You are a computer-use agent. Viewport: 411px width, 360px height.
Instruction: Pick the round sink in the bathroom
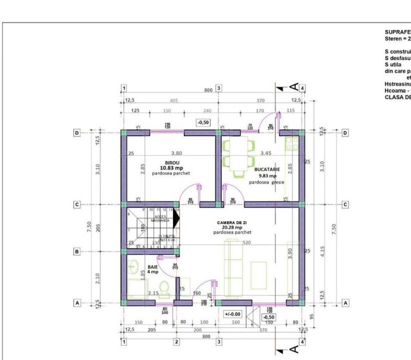pos(133,267)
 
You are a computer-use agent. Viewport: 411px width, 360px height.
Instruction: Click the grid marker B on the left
pos(77,251)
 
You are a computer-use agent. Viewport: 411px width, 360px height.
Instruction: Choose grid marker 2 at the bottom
pos(176,341)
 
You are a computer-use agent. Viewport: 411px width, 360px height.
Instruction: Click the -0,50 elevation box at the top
pos(203,122)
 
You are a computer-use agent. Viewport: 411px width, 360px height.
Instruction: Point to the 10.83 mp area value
pos(171,167)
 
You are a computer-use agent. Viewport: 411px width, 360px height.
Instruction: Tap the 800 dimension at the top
pos(208,90)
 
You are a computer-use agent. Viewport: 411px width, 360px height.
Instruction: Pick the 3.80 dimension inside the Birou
pos(176,153)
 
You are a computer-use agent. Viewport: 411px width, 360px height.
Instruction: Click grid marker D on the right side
pos(345,133)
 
